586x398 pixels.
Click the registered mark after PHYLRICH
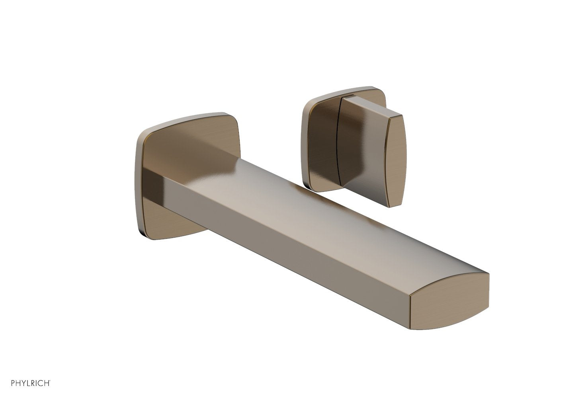50,382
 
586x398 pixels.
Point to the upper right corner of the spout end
487,274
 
